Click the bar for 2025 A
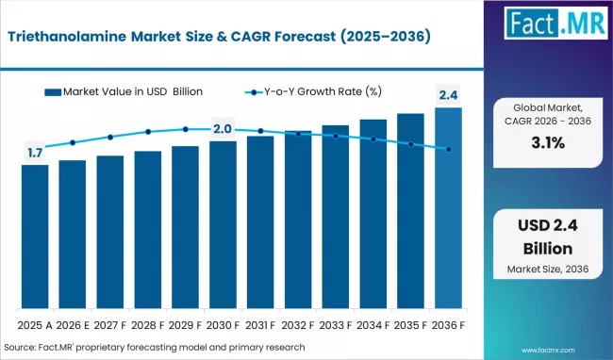(x=35, y=237)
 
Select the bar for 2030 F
(x=223, y=225)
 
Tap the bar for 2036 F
(x=448, y=208)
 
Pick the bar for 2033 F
(x=336, y=217)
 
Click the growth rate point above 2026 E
(x=73, y=142)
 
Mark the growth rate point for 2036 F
(x=448, y=149)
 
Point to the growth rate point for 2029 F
(x=185, y=129)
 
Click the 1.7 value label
(x=35, y=153)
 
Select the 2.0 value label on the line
(x=223, y=129)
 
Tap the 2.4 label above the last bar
(x=448, y=95)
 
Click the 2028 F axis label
(x=148, y=325)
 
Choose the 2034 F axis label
(x=373, y=325)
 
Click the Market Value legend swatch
(x=53, y=92)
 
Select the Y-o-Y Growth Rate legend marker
(x=254, y=92)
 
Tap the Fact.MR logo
(x=555, y=23)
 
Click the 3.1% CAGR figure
(x=548, y=143)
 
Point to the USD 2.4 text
(x=548, y=225)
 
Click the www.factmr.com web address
(x=548, y=351)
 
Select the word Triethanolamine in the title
(x=67, y=37)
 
